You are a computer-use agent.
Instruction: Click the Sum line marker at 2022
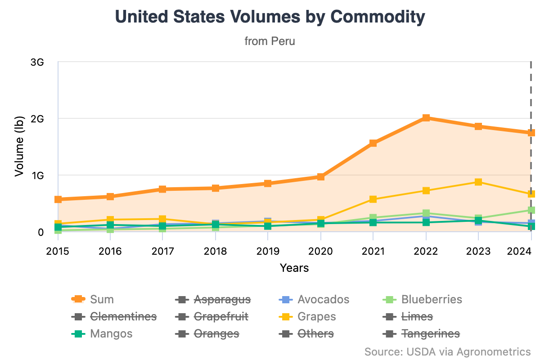426,118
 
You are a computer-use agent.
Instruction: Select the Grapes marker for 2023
478,182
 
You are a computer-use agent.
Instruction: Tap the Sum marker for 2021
373,143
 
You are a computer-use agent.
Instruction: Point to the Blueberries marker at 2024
531,210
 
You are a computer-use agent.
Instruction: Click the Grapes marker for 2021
373,199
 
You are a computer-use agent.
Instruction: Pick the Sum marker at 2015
58,199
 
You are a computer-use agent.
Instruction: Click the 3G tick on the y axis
37,62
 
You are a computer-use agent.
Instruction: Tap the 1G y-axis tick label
37,175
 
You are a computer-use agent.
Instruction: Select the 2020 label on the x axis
320,251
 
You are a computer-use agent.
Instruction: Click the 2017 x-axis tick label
163,251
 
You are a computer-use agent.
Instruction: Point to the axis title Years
294,268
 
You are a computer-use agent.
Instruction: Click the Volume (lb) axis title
19,147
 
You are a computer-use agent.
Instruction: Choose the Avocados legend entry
323,299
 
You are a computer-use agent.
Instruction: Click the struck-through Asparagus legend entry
222,299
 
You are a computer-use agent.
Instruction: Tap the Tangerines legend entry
430,333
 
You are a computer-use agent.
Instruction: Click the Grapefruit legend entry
220,316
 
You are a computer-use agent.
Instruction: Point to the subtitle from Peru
270,41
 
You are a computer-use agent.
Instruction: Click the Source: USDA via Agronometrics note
447,351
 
